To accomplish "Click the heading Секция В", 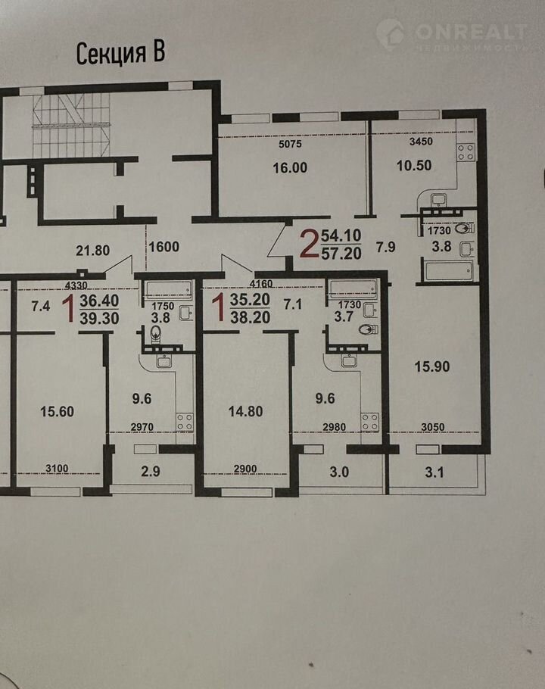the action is pos(121,54).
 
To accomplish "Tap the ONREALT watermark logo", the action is pos(451,35).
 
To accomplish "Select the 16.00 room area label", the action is pos(290,168).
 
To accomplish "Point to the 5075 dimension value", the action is pos(290,144).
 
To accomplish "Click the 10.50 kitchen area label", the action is pos(414,166).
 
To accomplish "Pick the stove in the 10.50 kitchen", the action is pos(466,152).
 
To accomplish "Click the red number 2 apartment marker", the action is pos(308,245).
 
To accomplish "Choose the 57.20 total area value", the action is pos(341,254).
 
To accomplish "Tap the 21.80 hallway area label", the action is pos(92,251).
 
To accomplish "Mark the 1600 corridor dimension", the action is pos(163,247).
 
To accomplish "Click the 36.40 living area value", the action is pos(99,301).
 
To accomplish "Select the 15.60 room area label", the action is pos(57,412).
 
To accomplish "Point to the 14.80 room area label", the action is pos(245,411).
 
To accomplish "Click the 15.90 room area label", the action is pos(432,366).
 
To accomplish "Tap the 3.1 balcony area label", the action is pos(434,472).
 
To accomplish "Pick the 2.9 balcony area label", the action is pos(151,472).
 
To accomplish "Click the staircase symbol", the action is pos(72,125).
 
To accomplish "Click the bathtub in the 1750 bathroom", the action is pos(168,289).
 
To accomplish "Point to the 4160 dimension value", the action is pos(261,284).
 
